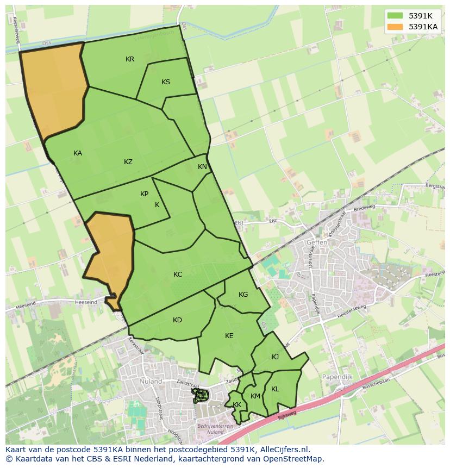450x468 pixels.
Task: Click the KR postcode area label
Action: click(130, 59)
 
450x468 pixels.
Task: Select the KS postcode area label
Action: click(166, 82)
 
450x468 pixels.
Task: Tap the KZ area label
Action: click(128, 162)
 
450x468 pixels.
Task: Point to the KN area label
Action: click(202, 167)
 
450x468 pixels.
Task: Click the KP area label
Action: click(144, 194)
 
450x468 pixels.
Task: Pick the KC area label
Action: click(178, 274)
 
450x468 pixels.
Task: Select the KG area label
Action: click(243, 295)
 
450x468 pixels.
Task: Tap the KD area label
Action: click(177, 320)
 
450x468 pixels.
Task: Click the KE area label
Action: click(229, 336)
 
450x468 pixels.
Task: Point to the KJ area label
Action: click(275, 357)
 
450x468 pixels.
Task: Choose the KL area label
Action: click(275, 389)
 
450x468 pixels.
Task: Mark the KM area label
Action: click(255, 396)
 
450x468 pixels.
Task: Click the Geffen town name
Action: click(317, 242)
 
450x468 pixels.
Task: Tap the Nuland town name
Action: click(151, 382)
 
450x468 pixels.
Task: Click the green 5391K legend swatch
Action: click(395, 15)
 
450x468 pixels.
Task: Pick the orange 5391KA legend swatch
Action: click(395, 26)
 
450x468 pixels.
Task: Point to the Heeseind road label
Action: click(87, 302)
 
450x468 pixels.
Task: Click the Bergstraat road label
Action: click(434, 186)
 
